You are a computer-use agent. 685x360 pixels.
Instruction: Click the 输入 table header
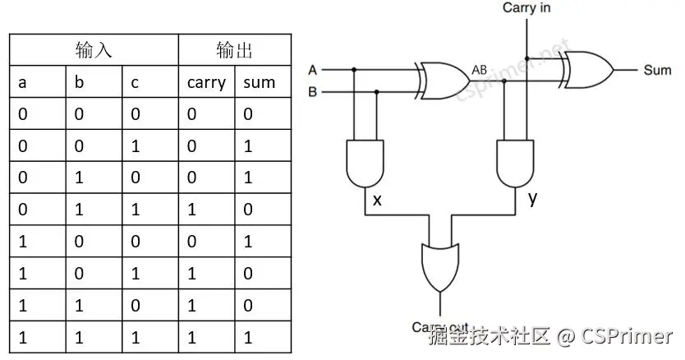click(94, 50)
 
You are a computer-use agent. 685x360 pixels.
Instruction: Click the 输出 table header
click(235, 50)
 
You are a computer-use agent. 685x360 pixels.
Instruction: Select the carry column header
click(206, 82)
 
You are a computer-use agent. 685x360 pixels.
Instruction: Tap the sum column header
click(260, 82)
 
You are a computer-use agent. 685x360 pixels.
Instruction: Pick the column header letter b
click(79, 82)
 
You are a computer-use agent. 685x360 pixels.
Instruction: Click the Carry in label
click(526, 8)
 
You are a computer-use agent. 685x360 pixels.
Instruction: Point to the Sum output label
click(657, 71)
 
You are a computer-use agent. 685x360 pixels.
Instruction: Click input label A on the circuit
click(313, 69)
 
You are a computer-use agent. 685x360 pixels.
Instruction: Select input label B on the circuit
click(313, 92)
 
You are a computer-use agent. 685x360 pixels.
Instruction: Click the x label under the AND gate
click(377, 200)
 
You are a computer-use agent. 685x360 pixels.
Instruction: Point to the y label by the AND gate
click(533, 198)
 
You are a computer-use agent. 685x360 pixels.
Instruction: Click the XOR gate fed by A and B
click(444, 81)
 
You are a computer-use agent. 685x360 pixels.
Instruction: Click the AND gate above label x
click(364, 163)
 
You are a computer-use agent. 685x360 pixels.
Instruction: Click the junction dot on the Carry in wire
click(526, 58)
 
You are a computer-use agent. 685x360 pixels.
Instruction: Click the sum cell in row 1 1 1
click(248, 338)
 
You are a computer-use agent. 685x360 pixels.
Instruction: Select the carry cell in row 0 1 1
click(191, 210)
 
